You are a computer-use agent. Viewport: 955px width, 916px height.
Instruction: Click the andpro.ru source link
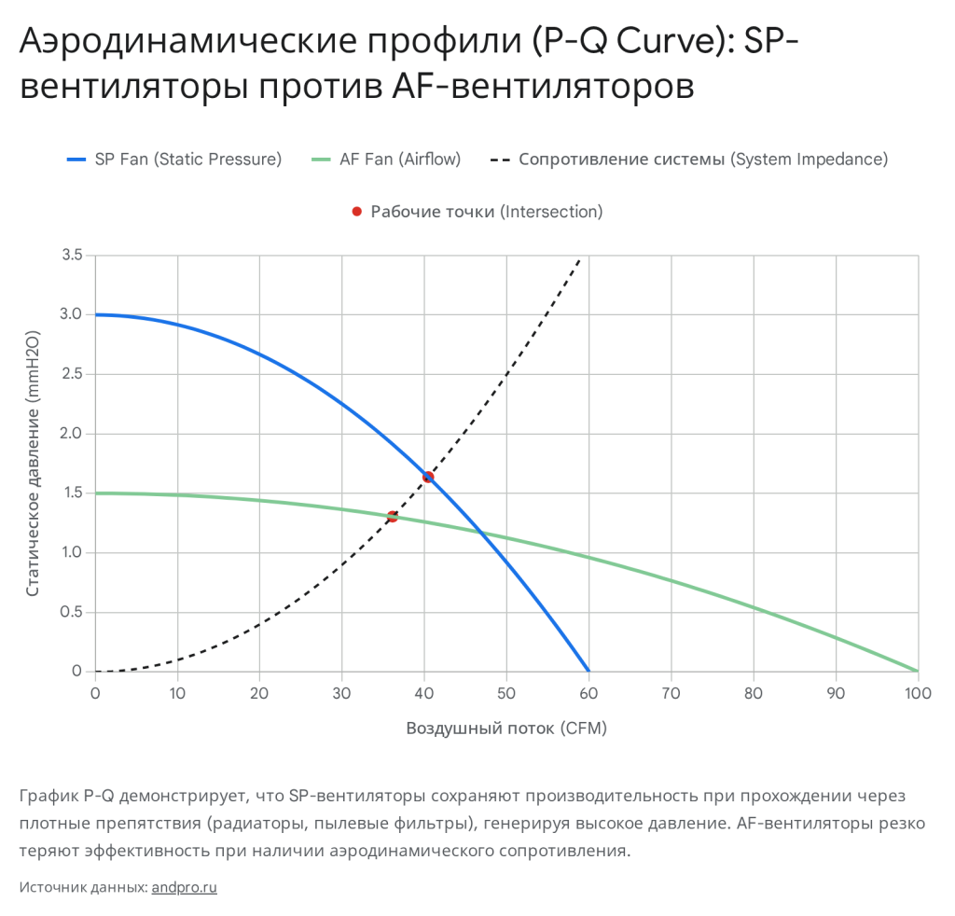[x=184, y=887]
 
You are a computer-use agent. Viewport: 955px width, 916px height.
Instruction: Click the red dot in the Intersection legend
[x=356, y=212]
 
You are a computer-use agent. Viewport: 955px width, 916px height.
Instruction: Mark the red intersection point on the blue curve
[x=428, y=477]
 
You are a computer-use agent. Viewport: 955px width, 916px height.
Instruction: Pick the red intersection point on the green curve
[x=393, y=516]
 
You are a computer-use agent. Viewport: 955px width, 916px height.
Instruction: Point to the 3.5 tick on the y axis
[x=72, y=256]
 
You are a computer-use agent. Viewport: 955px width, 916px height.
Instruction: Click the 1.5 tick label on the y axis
[x=72, y=493]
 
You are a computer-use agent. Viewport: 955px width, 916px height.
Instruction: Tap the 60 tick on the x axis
[x=588, y=693]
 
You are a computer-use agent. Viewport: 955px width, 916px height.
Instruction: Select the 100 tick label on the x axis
[x=918, y=693]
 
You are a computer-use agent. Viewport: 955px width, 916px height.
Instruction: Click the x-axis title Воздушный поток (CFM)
[x=506, y=729]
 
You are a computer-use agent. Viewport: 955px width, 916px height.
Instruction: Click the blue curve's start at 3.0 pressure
[x=96, y=314]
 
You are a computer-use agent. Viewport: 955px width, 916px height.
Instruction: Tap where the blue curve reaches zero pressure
[x=588, y=671]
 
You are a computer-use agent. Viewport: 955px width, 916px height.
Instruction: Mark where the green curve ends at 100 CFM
[x=917, y=671]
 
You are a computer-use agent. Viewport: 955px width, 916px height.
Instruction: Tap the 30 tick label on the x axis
[x=341, y=693]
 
